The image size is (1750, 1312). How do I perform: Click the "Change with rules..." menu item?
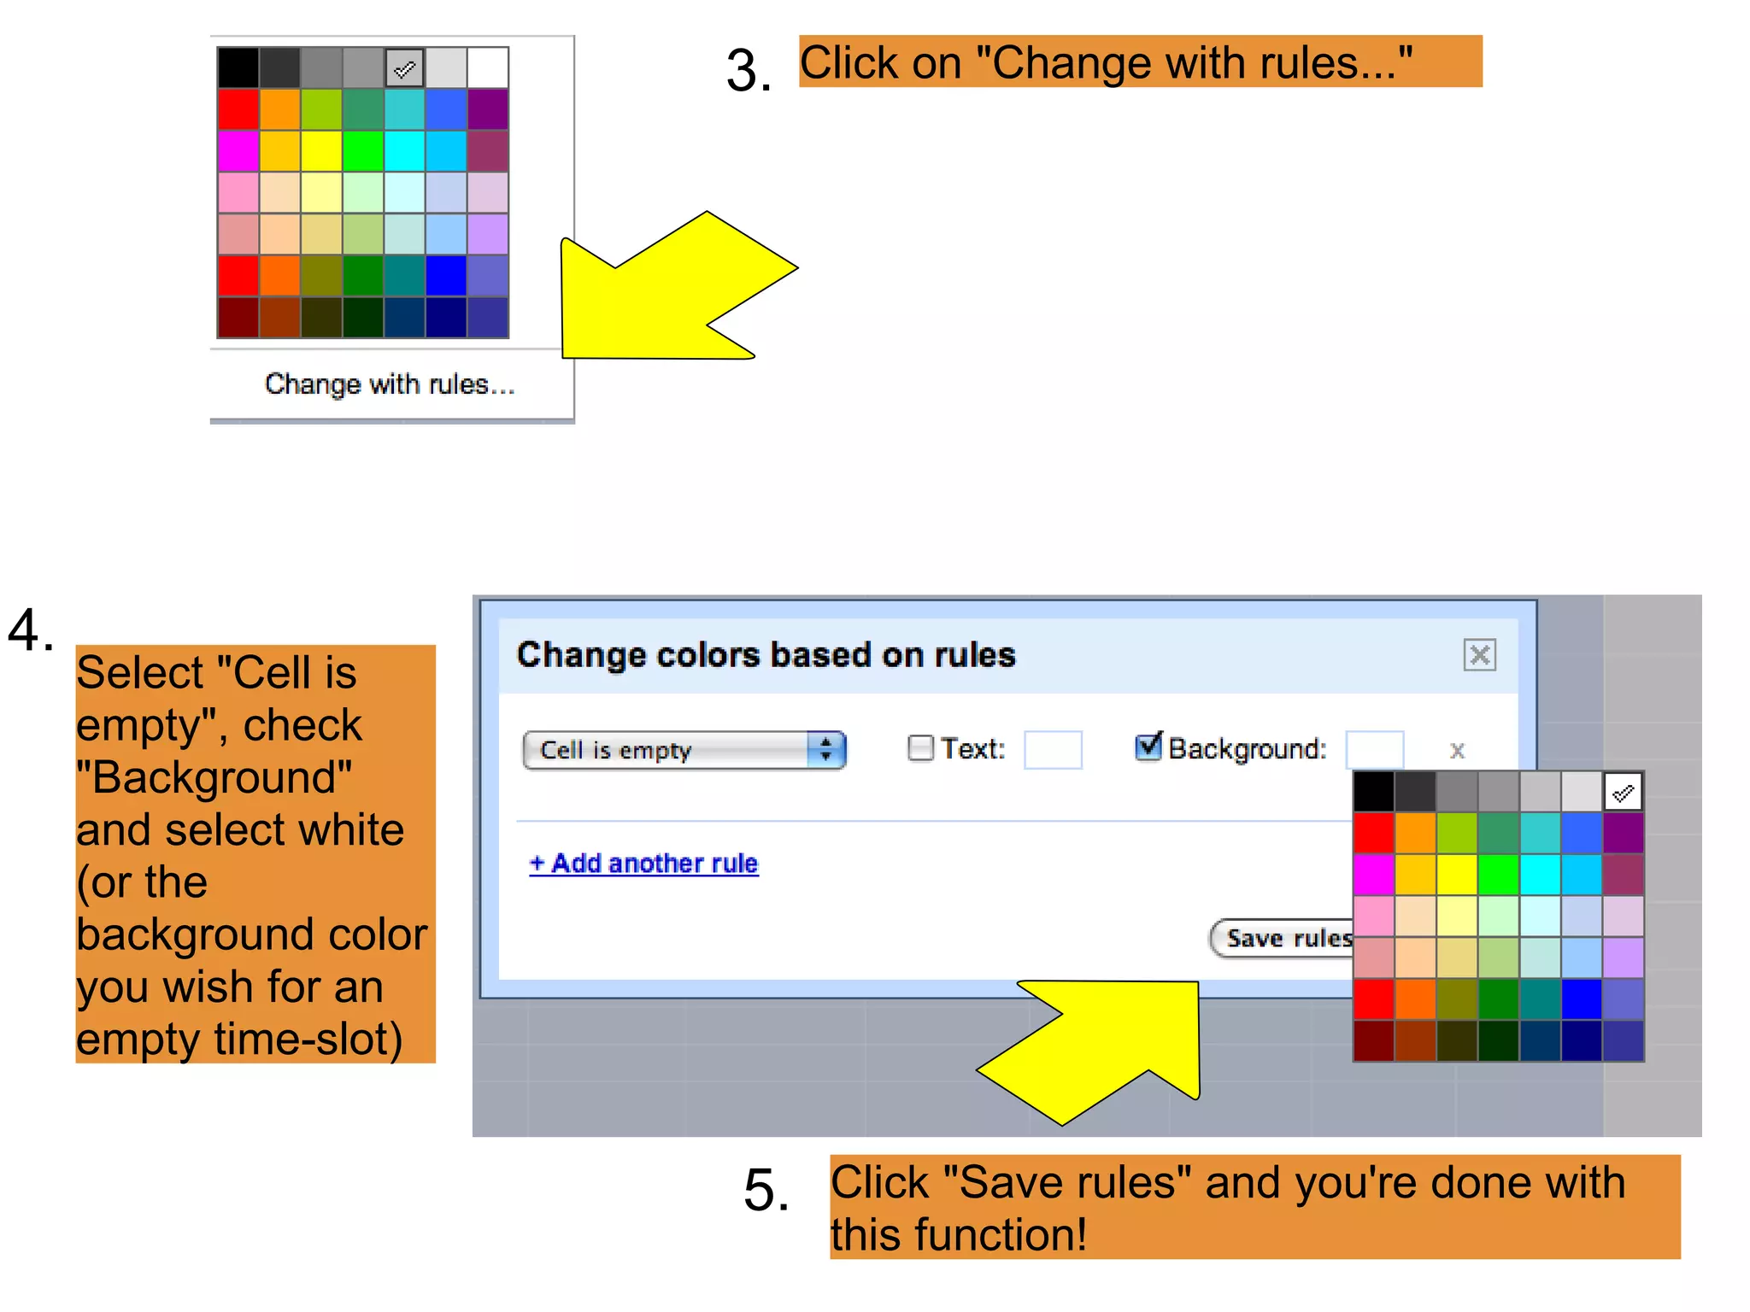click(390, 384)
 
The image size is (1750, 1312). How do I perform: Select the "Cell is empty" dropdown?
click(684, 750)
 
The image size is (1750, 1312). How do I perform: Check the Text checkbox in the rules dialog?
click(919, 748)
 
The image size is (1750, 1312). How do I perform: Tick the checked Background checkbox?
click(1148, 747)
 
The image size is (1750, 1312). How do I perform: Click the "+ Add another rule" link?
click(643, 864)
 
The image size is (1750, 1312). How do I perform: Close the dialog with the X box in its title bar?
click(1479, 655)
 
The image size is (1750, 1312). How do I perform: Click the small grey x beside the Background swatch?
click(1457, 751)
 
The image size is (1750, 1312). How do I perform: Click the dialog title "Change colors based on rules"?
click(766, 655)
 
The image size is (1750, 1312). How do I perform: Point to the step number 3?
click(748, 70)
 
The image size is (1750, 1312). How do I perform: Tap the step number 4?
click(30, 630)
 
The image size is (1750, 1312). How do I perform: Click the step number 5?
click(766, 1190)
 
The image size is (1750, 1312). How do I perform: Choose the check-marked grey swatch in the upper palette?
click(405, 68)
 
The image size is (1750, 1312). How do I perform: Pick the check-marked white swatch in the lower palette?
click(1623, 793)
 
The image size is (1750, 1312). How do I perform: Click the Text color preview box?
click(1053, 750)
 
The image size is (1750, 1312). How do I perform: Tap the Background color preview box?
click(1374, 749)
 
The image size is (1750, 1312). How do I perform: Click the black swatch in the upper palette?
click(238, 68)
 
